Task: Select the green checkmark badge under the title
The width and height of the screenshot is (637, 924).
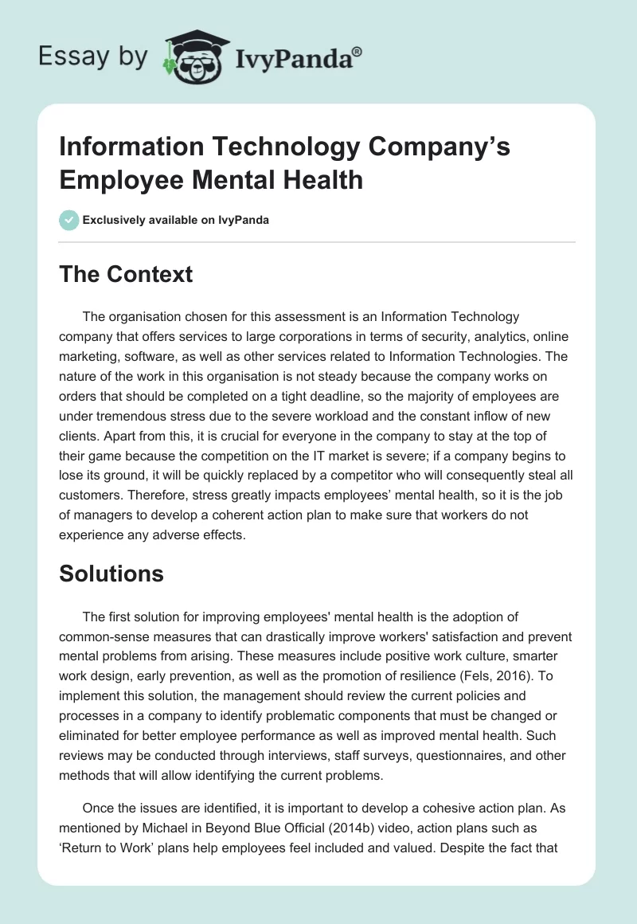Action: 69,220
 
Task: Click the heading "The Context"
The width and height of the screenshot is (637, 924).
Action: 126,274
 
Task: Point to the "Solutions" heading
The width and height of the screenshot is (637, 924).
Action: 111,574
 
